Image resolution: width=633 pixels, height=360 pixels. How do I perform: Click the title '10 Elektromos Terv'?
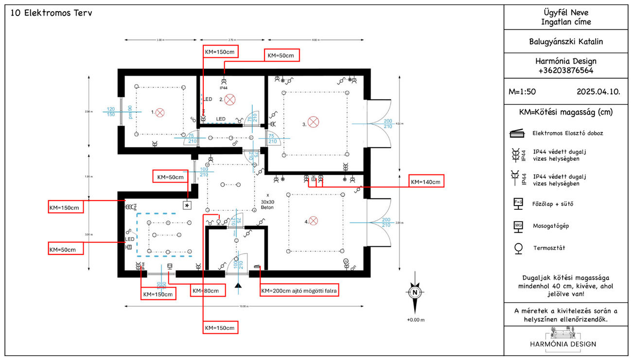pos(51,13)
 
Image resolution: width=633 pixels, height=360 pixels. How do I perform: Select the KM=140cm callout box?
pos(426,182)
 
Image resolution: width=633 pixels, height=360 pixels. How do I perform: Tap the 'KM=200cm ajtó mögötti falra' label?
pos(299,291)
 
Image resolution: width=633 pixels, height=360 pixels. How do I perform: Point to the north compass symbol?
pos(414,293)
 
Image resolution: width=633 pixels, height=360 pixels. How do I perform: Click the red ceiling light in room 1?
pos(160,113)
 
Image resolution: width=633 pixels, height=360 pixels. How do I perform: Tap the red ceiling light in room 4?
pos(314,221)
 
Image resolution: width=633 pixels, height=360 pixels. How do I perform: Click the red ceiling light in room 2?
pos(230,100)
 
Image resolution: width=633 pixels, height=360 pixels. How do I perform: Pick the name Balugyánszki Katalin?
pos(566,42)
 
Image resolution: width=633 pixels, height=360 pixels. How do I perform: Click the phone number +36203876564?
pos(566,70)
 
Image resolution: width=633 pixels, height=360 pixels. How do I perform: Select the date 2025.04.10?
pos(598,91)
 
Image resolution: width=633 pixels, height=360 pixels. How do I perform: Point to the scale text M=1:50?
pos(522,91)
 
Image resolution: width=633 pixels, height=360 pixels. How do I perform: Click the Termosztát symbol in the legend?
pos(518,248)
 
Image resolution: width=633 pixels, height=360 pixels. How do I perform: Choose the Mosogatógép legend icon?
pos(518,225)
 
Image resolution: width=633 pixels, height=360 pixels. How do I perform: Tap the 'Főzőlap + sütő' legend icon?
pos(518,203)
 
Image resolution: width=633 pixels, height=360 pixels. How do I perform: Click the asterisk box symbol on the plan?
pos(187,206)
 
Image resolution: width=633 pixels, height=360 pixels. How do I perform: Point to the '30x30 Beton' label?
pos(267,204)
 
